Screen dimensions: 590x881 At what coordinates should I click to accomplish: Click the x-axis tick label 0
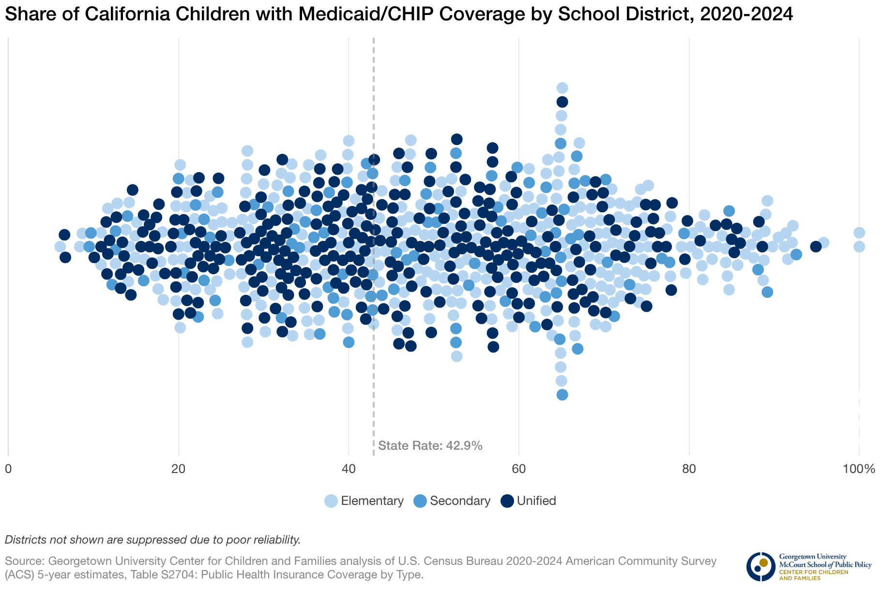coord(8,469)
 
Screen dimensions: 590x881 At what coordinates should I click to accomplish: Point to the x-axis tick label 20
coord(179,469)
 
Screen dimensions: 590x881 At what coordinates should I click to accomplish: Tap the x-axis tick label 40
coord(349,469)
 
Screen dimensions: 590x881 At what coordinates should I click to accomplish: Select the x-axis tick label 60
coord(519,469)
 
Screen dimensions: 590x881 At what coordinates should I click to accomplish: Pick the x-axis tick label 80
coord(689,469)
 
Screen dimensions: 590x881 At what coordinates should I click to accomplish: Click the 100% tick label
coord(858,469)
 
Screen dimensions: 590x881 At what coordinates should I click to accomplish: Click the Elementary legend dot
coord(331,501)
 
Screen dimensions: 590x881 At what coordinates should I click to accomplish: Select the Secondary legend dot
coord(420,501)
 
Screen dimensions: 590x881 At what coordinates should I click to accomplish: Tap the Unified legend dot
coord(507,501)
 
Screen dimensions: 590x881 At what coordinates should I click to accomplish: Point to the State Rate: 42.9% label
coord(430,446)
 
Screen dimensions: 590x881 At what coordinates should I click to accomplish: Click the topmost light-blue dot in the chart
coord(562,88)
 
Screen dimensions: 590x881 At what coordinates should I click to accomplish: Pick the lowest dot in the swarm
coord(562,395)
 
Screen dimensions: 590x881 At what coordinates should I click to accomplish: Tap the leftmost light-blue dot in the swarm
coord(60,247)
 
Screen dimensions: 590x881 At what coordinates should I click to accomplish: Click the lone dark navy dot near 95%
coord(816,247)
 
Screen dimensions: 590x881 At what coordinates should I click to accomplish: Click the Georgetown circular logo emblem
coord(760,566)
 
